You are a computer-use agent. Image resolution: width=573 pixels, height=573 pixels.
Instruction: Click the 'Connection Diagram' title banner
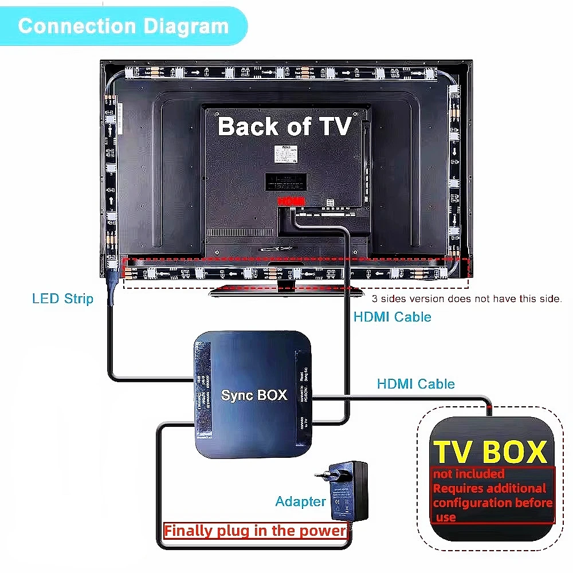(123, 26)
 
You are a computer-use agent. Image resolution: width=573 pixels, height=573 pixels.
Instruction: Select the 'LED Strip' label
(62, 299)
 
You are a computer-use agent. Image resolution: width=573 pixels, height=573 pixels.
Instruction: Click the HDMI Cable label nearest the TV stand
(392, 316)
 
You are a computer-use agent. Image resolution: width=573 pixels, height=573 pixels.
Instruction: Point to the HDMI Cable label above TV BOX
(415, 384)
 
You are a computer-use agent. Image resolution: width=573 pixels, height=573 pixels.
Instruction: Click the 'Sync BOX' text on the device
(254, 395)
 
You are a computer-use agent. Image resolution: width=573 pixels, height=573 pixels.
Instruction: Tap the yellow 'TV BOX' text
(490, 452)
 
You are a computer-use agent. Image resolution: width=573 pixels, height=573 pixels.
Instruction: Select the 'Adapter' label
(300, 501)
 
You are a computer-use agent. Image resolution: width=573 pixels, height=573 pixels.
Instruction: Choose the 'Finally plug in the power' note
(255, 531)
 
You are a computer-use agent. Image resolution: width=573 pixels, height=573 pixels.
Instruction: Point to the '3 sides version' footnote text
(467, 299)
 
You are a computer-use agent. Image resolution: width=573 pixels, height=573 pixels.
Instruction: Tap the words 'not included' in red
(469, 474)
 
